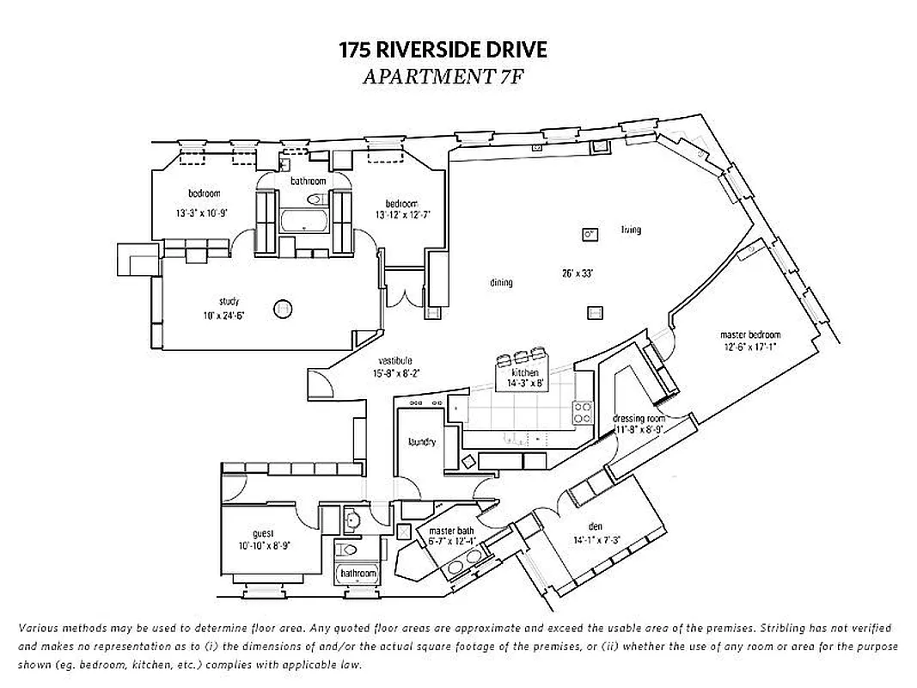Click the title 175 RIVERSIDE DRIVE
pyautogui.click(x=443, y=50)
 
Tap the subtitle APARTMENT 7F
pyautogui.click(x=443, y=77)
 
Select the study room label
pyautogui.click(x=229, y=301)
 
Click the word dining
pyautogui.click(x=501, y=282)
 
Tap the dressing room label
pyautogui.click(x=639, y=419)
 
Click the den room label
pyautogui.click(x=596, y=526)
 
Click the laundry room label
pyautogui.click(x=422, y=442)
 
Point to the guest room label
pyautogui.click(x=263, y=533)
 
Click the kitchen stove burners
pyautogui.click(x=583, y=412)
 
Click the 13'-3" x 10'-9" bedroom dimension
pyautogui.click(x=205, y=211)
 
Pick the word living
pyautogui.click(x=631, y=230)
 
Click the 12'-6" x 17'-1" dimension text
pyautogui.click(x=751, y=347)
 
